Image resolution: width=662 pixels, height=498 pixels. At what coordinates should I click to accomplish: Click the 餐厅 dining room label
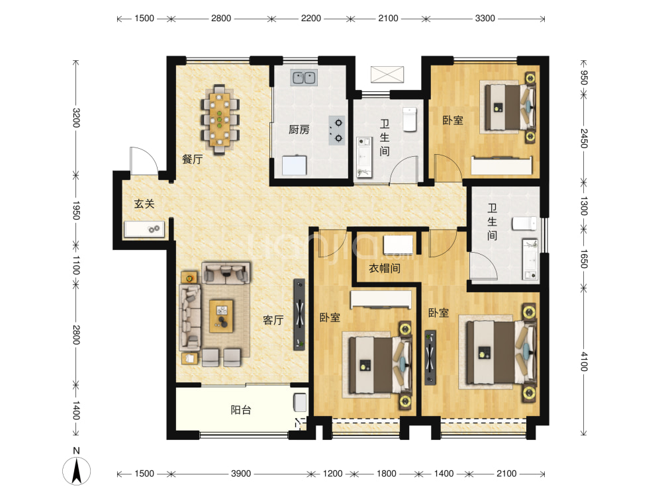192,159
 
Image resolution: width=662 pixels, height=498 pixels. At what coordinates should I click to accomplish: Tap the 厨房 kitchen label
299,130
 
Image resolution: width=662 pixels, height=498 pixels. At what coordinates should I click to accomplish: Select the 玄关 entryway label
144,204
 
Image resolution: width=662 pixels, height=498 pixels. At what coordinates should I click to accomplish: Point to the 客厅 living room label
273,320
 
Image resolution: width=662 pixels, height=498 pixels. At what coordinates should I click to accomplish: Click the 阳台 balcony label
241,410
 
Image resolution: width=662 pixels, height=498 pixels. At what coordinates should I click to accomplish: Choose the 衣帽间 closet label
384,269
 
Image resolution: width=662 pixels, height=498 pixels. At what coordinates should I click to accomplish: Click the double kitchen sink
304,77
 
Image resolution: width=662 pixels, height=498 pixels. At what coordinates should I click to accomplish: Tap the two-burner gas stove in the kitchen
337,131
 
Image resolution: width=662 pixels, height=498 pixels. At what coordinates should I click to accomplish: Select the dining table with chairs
220,120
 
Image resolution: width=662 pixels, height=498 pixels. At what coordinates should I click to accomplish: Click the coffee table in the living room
222,316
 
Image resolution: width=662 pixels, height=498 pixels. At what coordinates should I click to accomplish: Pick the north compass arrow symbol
76,471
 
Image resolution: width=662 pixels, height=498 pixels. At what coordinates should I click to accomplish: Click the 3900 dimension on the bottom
241,474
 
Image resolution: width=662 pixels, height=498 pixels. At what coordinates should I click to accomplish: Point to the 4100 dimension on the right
583,361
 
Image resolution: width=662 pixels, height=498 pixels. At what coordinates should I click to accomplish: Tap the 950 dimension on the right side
583,77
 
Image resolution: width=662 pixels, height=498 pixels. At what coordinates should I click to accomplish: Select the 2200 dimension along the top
311,18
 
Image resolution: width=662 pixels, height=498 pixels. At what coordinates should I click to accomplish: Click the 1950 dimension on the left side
76,210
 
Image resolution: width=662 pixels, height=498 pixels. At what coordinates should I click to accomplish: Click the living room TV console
299,314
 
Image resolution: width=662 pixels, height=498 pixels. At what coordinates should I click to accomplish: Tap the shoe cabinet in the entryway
144,229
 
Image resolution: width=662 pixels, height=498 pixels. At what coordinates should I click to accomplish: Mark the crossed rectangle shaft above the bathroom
387,74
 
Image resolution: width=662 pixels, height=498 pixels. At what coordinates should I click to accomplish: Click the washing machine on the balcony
300,402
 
